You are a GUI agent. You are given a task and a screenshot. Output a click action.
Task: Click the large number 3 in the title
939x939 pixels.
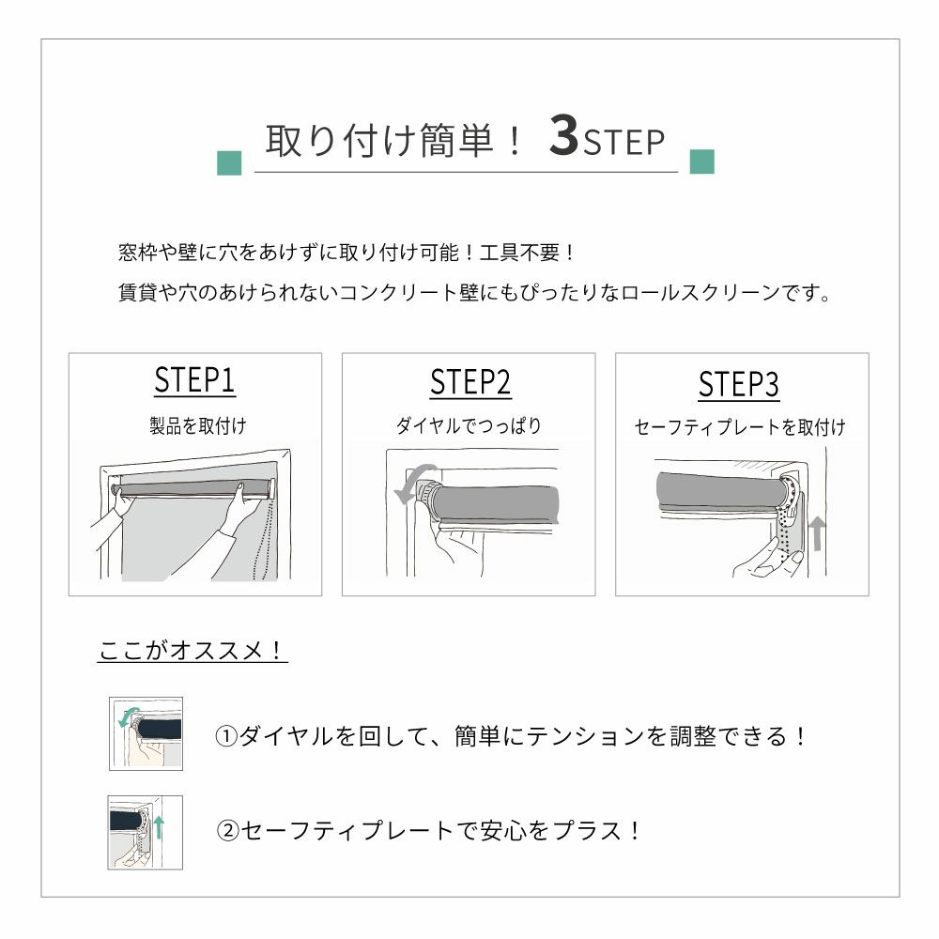(x=563, y=135)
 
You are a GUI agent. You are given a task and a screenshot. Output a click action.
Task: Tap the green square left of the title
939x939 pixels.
(x=229, y=162)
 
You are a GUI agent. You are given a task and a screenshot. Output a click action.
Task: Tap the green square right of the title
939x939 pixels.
(x=701, y=162)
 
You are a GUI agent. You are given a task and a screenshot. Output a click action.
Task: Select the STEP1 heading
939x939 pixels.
(x=194, y=380)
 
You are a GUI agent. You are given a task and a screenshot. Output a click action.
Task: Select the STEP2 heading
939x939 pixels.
(x=470, y=383)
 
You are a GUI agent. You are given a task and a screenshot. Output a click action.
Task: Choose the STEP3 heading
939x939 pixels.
(x=738, y=384)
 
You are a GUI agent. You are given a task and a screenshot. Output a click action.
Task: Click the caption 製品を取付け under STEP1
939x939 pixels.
(x=197, y=425)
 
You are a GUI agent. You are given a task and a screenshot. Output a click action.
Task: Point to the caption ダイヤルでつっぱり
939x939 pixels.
(x=469, y=425)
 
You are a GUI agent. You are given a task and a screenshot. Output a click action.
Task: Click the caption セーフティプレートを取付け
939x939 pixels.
(x=740, y=427)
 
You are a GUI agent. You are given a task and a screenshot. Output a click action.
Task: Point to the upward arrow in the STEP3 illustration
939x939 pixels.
(x=817, y=533)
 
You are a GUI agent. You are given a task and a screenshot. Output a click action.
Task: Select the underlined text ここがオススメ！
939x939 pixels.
(x=192, y=651)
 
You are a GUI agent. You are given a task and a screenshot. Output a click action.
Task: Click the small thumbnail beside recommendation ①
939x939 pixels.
(x=146, y=733)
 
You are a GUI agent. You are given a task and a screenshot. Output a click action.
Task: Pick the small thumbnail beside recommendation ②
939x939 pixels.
(x=145, y=832)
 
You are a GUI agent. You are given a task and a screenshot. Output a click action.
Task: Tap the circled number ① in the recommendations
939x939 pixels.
(x=226, y=736)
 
